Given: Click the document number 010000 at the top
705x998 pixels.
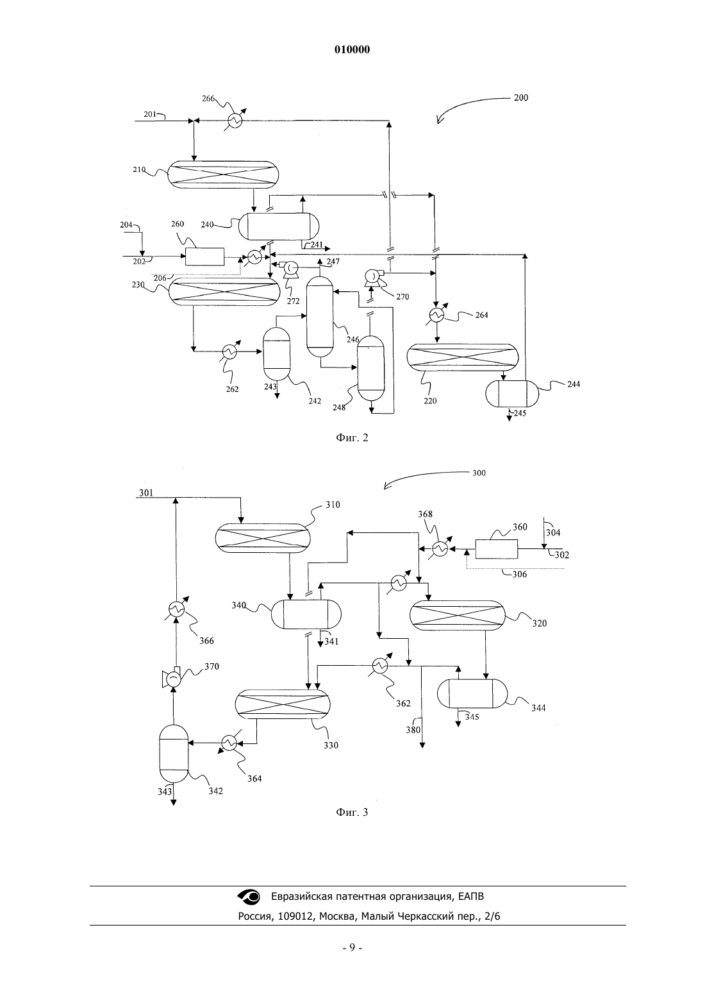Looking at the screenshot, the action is (352, 50).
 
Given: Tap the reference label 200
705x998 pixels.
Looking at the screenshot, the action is (520, 97).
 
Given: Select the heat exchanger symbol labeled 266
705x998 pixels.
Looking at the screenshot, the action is (235, 120).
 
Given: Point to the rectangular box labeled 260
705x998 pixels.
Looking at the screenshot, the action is (204, 257).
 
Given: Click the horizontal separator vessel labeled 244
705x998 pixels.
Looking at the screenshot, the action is (512, 393).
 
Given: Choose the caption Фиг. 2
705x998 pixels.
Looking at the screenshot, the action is (352, 438).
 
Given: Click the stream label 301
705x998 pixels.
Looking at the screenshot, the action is (146, 493).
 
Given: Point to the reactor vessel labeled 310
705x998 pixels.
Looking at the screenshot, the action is (263, 538).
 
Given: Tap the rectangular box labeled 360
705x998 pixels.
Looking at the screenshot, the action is (497, 549).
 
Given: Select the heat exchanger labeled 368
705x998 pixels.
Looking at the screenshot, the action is (440, 549).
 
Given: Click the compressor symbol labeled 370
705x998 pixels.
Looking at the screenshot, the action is (172, 679).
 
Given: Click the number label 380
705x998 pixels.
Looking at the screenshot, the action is (413, 730).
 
